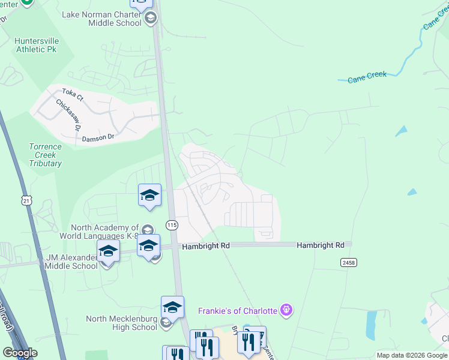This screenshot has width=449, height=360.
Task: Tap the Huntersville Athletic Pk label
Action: click(36, 45)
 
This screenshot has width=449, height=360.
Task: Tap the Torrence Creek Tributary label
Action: click(45, 155)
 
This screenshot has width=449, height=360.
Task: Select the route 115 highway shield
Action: click(172, 225)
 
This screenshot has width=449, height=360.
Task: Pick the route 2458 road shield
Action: click(348, 263)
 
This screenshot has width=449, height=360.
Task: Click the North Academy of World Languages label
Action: click(105, 232)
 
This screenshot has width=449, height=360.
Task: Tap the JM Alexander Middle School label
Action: click(72, 262)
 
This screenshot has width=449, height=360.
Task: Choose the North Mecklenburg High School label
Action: click(121, 323)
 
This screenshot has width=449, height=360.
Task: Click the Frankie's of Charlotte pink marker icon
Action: click(287, 310)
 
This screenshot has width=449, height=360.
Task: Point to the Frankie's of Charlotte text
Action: click(238, 311)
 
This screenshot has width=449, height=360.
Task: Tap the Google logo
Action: click(20, 353)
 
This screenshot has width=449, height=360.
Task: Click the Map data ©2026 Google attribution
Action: click(412, 355)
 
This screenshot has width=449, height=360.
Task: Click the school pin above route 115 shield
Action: click(149, 195)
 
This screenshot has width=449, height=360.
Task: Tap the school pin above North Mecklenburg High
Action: click(172, 307)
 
